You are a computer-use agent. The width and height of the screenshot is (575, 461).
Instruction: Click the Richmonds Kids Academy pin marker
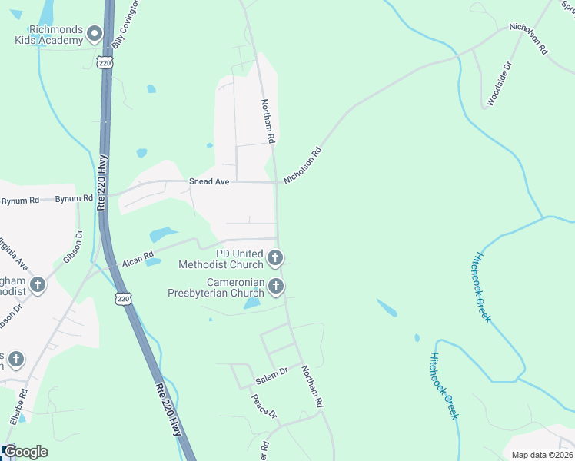(x=95, y=33)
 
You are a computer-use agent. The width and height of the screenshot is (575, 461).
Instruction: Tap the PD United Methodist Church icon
(x=275, y=258)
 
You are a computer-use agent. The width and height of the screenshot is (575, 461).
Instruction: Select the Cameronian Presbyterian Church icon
(x=275, y=287)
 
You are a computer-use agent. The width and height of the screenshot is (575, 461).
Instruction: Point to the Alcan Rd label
(x=138, y=257)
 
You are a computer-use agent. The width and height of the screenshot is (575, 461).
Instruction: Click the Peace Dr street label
(x=264, y=406)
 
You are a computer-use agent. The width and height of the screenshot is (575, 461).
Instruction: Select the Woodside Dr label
(x=498, y=85)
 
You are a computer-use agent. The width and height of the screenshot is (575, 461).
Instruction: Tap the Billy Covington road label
(x=125, y=25)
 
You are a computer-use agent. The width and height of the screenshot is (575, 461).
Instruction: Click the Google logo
(x=25, y=452)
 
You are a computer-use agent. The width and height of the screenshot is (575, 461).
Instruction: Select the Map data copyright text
(x=543, y=455)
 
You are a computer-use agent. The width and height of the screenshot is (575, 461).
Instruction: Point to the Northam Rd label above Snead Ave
(x=268, y=121)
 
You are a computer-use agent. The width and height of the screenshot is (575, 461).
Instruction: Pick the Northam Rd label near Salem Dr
(x=312, y=386)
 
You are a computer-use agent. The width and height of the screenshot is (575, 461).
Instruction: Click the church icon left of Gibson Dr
(x=37, y=286)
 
